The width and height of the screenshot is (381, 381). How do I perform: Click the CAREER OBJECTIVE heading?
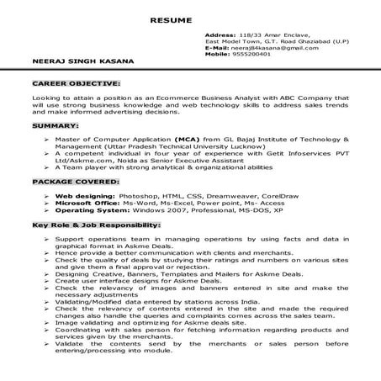click(76, 85)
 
